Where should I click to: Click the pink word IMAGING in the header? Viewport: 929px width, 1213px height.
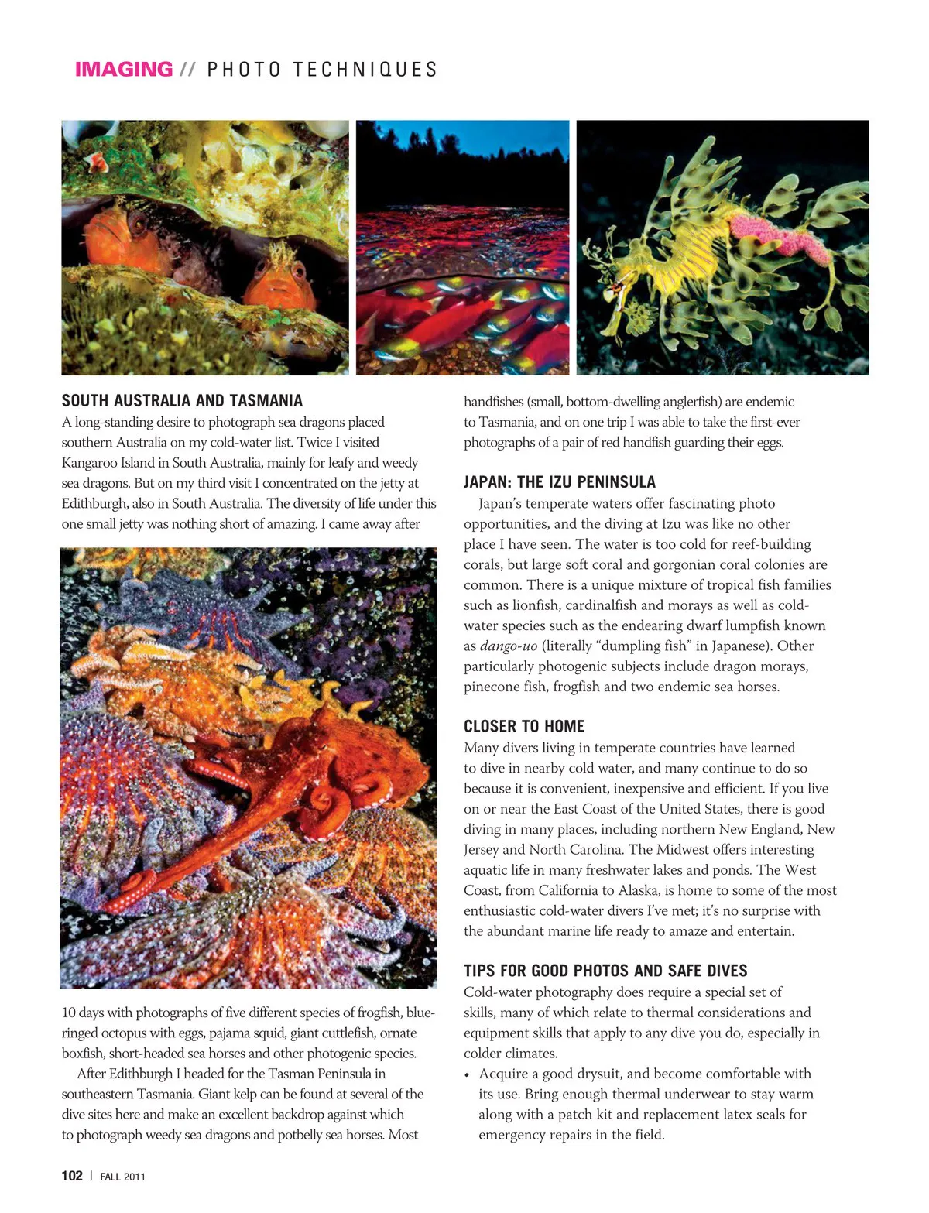click(123, 70)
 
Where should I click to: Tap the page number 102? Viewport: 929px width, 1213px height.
click(72, 1175)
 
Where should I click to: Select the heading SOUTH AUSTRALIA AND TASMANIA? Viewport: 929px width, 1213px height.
click(182, 400)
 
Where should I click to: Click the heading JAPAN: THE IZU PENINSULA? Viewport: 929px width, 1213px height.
click(559, 482)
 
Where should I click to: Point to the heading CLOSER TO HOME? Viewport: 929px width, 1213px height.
click(523, 726)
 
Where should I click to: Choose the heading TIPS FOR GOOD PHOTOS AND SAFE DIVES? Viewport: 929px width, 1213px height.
click(605, 971)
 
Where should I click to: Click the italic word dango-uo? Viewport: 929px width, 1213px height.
click(508, 646)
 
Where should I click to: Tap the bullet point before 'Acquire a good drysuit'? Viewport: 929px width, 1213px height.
click(467, 1075)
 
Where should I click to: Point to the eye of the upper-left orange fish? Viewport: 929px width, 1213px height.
click(137, 224)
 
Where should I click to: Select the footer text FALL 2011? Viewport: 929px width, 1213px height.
click(122, 1177)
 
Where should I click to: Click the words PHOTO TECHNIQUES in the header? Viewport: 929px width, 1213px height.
click(322, 70)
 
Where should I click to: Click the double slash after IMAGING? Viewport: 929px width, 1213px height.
click(187, 70)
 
